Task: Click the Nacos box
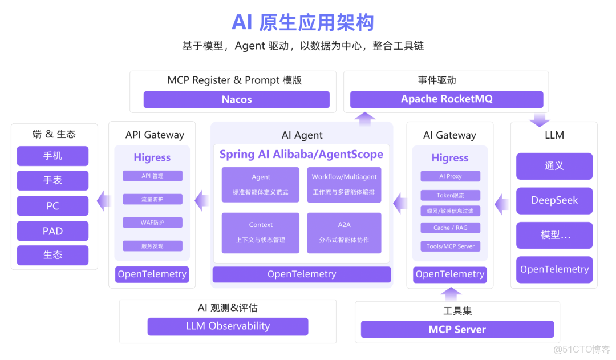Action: click(x=236, y=99)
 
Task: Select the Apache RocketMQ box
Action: click(x=447, y=99)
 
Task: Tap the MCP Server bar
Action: click(x=457, y=329)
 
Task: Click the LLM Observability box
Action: click(x=228, y=326)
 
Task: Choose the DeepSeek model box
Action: click(x=554, y=200)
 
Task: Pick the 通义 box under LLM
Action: click(x=554, y=166)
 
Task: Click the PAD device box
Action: click(x=52, y=231)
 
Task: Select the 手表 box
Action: click(x=52, y=180)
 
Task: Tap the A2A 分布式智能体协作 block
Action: click(x=344, y=232)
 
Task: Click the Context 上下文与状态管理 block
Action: click(x=261, y=232)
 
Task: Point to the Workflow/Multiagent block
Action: click(x=344, y=184)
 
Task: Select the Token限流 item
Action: click(x=450, y=195)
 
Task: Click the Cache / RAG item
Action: click(x=450, y=228)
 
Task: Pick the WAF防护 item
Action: click(x=152, y=223)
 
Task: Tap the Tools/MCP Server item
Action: click(x=450, y=246)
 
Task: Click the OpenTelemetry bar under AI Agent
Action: click(x=302, y=274)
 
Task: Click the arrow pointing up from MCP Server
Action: click(x=451, y=294)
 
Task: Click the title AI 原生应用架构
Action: click(x=302, y=22)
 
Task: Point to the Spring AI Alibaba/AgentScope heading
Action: click(x=301, y=155)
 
